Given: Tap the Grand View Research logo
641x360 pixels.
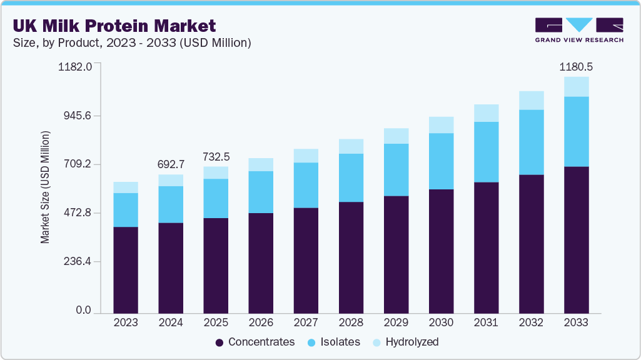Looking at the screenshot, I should (x=579, y=29).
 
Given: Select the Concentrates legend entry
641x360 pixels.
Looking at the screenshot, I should (x=255, y=342).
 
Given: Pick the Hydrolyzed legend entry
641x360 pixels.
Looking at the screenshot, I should (x=405, y=342).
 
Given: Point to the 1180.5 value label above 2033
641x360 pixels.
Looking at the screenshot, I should (x=575, y=67).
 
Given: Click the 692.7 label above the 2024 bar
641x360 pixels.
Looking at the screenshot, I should (x=171, y=165).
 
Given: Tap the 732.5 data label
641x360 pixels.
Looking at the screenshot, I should (x=216, y=157).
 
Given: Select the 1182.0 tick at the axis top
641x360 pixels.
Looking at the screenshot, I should (x=76, y=66).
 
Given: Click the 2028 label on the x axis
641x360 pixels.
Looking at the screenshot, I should (x=351, y=323).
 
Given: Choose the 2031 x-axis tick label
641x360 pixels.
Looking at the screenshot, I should (x=486, y=323).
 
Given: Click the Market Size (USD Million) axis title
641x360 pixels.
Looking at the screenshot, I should (x=45, y=187).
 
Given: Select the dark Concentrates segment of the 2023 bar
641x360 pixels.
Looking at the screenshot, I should (x=126, y=269).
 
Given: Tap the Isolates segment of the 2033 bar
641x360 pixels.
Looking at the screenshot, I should (x=576, y=131).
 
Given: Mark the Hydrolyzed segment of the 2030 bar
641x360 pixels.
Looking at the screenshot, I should (x=441, y=125).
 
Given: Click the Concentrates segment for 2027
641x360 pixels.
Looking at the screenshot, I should (x=306, y=259).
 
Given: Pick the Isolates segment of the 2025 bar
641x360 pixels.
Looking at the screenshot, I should (x=216, y=198).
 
